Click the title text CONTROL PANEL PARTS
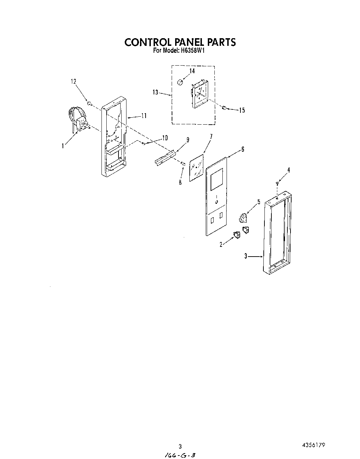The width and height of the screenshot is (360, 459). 180,42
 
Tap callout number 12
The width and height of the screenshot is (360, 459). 73,81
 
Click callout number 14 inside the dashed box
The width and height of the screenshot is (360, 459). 192,71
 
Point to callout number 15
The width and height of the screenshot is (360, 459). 242,110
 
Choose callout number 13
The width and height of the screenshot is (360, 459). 155,92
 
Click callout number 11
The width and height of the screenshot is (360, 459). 144,116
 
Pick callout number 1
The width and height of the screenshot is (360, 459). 63,146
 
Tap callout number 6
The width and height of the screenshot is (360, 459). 243,149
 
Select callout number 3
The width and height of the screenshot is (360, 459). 245,256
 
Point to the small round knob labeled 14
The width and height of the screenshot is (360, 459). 180,82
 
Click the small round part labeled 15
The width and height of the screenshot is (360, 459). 224,108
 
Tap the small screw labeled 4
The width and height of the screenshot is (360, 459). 277,183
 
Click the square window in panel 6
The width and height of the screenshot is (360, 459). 216,178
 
